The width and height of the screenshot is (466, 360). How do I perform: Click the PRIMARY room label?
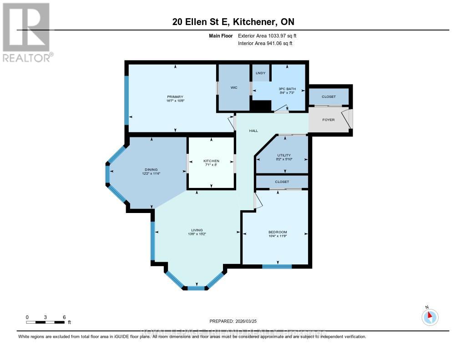pos(175,97)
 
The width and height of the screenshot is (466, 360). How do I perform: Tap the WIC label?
pos(234,87)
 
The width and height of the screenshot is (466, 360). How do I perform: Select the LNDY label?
pos(260,73)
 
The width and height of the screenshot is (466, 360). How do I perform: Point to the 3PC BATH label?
pos(288,89)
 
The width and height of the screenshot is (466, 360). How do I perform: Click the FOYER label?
pos(328,120)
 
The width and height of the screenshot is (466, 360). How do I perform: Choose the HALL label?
pos(253,131)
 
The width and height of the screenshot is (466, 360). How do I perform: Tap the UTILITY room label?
pos(284,155)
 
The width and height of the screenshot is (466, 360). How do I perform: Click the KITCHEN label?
pos(211,161)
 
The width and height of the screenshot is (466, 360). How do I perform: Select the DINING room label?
pos(151,170)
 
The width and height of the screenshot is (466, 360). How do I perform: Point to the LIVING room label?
pos(197,230)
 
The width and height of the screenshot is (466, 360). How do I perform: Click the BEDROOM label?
pos(278,232)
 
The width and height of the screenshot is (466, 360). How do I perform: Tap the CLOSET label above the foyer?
pos(329,97)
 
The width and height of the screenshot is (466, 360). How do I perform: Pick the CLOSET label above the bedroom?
pos(282,182)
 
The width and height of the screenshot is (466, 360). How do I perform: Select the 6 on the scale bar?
pos(64,317)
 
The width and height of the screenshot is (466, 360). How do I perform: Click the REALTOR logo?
pos(26,32)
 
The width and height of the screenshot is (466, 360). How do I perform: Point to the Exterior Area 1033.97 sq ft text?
pos(267,35)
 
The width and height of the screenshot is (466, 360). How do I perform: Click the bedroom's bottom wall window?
pos(277,266)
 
